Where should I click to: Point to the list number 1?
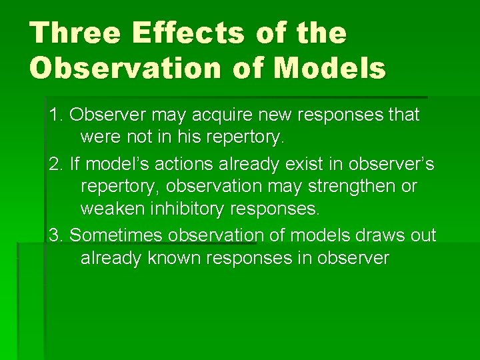(55, 115)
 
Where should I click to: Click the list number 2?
(55, 163)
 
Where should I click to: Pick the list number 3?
(55, 235)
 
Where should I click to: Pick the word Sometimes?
(117, 235)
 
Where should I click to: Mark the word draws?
(365, 235)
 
